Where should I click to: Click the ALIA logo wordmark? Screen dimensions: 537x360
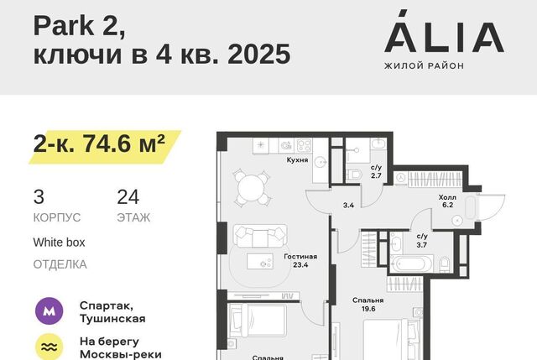[444, 32]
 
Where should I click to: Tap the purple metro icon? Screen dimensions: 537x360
[50, 311]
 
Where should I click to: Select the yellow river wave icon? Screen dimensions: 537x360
[50, 347]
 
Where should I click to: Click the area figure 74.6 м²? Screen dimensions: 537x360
[124, 143]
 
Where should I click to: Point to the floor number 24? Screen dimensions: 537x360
[128, 197]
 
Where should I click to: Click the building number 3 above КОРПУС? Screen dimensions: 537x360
[39, 197]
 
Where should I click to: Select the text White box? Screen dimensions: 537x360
[59, 243]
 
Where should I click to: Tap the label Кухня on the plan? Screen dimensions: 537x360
[297, 160]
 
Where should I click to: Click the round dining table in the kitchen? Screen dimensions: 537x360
[252, 188]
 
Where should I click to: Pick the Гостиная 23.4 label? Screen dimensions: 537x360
[300, 260]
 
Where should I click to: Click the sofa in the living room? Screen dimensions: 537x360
[260, 236]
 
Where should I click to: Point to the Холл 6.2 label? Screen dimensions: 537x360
[447, 201]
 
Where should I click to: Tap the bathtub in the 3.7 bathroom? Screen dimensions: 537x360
[412, 264]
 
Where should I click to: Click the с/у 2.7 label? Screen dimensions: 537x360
[376, 171]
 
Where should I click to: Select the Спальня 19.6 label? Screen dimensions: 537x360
[368, 304]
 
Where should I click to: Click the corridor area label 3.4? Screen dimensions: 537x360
[348, 206]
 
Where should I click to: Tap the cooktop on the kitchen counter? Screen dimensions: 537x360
[304, 145]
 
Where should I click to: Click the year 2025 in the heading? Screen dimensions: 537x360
[259, 54]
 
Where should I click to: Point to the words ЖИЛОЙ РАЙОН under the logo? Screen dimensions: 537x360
[424, 65]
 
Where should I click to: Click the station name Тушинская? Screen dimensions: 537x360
[112, 319]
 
